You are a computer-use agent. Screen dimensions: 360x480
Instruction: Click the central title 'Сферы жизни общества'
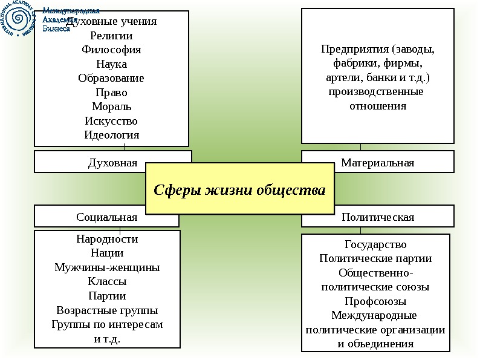[239, 189]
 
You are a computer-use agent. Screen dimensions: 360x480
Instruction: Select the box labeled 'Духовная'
[113, 163]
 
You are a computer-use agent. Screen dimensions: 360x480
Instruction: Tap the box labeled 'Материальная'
[377, 163]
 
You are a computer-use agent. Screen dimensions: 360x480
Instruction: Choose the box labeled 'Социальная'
[107, 217]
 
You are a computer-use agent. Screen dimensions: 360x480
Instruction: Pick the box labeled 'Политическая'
[377, 217]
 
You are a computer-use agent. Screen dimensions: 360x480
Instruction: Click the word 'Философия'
[111, 50]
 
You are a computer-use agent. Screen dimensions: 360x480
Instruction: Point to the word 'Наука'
[111, 64]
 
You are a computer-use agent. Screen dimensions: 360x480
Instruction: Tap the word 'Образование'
[111, 79]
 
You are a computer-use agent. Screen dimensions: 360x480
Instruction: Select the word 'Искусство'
[111, 121]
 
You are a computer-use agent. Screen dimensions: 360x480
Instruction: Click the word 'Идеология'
[111, 135]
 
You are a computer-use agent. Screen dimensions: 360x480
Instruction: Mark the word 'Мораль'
[111, 107]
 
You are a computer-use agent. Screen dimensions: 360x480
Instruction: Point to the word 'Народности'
[107, 239]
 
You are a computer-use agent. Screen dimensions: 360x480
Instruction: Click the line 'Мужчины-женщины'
[107, 267]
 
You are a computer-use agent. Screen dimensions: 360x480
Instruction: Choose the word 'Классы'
[107, 281]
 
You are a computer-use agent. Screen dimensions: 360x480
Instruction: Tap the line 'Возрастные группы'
[107, 310]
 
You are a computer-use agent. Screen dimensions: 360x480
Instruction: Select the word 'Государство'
[375, 244]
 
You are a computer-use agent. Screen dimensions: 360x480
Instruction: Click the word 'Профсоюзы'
[375, 301]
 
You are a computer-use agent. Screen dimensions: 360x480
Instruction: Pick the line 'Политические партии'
[375, 259]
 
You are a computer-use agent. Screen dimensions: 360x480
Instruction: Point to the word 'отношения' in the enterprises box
[378, 106]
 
